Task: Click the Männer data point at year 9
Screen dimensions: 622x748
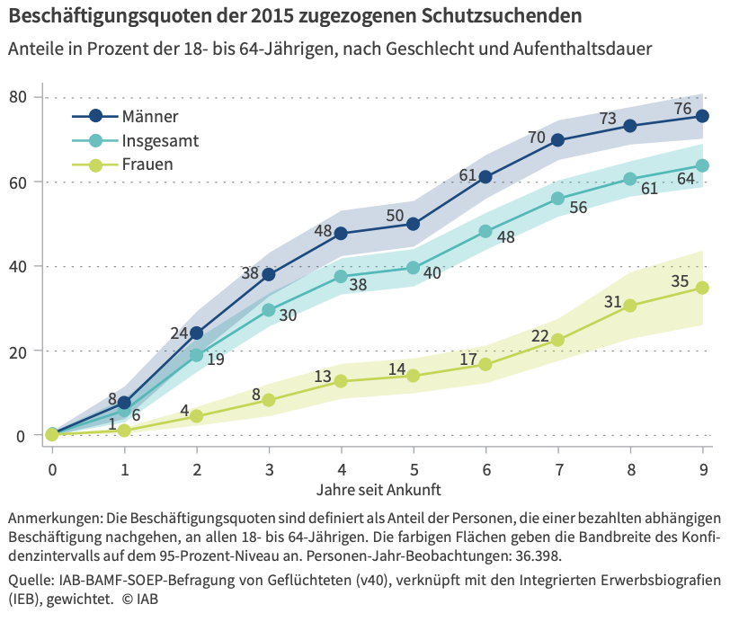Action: pos(703,116)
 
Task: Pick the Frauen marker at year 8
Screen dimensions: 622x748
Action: pos(630,306)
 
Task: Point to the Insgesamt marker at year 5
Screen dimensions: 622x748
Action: pos(414,267)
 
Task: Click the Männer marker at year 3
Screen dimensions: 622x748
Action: pos(269,274)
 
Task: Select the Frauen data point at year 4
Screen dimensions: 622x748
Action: pos(341,381)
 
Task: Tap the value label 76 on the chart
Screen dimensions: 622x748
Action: pos(683,110)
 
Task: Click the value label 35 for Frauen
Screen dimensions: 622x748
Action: pos(681,282)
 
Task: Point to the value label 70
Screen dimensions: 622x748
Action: pos(538,138)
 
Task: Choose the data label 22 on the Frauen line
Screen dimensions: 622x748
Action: pos(539,335)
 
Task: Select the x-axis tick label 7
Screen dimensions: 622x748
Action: pos(558,468)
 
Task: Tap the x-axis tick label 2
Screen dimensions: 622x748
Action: pos(197,468)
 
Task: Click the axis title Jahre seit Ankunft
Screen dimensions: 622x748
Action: pos(378,491)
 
